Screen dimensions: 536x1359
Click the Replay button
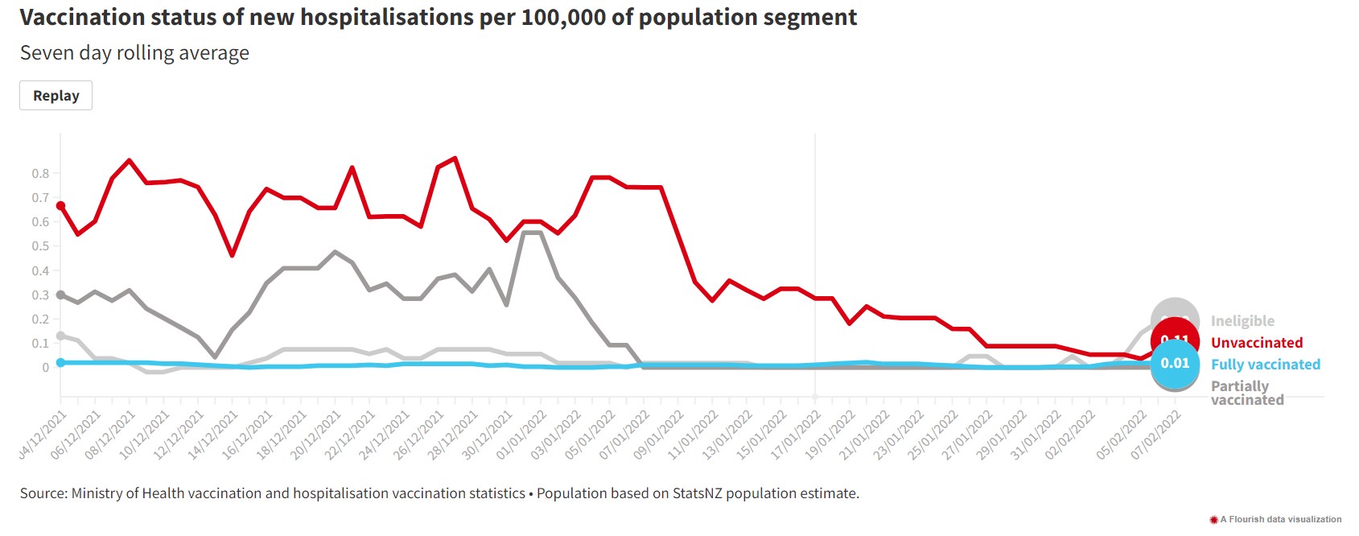click(x=56, y=96)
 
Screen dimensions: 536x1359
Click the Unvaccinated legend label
click(x=1256, y=343)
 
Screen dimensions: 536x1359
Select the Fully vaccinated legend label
click(x=1265, y=365)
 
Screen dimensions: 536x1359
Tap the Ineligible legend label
click(x=1242, y=321)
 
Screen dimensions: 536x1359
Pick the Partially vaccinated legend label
click(x=1246, y=393)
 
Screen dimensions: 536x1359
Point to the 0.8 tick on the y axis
click(x=40, y=174)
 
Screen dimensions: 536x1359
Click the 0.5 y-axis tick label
click(x=40, y=246)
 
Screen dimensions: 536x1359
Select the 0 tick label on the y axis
click(x=46, y=368)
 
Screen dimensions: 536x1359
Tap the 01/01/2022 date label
click(x=522, y=435)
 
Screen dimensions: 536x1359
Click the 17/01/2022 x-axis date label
click(x=797, y=435)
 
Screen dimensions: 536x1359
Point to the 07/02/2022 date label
click(x=1156, y=435)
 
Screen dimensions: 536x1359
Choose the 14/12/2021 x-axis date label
click(x=214, y=435)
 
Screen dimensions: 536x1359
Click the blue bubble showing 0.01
click(x=1175, y=364)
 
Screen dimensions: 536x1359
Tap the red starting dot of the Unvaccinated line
click(x=60, y=206)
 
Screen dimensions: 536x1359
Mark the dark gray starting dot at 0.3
click(x=60, y=295)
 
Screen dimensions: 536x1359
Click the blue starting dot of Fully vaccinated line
click(x=60, y=363)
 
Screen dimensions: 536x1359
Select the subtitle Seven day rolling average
click(x=134, y=53)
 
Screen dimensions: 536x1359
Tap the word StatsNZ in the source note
click(x=698, y=493)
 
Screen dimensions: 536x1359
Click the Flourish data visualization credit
click(x=1279, y=520)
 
